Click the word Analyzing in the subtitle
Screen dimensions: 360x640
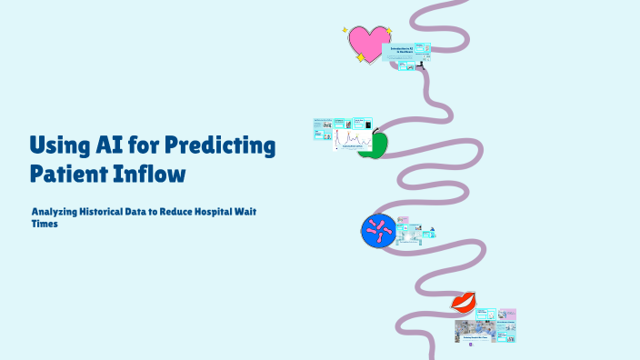point(56,211)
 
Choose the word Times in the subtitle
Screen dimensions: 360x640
point(44,223)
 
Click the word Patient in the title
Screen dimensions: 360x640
point(73,171)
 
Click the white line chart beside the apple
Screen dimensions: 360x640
point(352,141)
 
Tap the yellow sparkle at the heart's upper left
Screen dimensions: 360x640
point(346,30)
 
